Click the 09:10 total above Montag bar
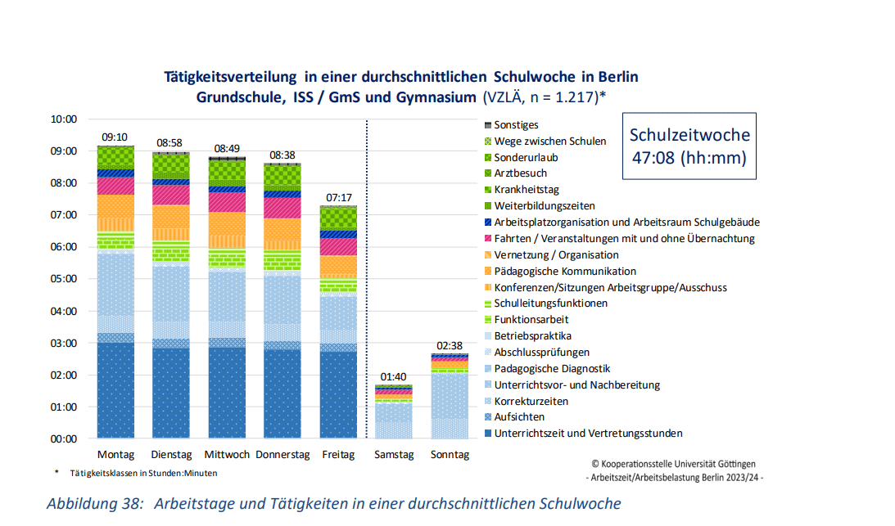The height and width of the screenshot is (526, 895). click(x=115, y=137)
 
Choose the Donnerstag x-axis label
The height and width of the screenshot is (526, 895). click(x=282, y=454)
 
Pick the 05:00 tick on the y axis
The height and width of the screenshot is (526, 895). click(x=63, y=278)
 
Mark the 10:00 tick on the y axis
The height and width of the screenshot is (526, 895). click(x=63, y=119)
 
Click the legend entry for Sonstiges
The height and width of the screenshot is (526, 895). click(x=516, y=124)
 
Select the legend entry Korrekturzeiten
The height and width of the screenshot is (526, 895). click(x=531, y=401)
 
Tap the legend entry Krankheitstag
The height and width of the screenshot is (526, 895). click(x=526, y=189)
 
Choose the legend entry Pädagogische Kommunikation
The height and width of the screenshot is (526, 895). click(x=565, y=271)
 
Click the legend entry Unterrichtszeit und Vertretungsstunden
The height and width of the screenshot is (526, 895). click(x=588, y=434)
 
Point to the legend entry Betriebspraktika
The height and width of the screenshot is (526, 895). click(x=532, y=335)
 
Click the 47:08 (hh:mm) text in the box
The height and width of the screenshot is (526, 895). click(x=689, y=158)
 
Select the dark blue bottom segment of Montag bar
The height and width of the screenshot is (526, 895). click(x=115, y=390)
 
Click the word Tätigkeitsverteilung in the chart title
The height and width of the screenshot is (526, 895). click(x=230, y=77)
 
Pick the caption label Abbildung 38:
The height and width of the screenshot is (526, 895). click(x=95, y=503)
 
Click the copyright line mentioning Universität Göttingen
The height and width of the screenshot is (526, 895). click(x=679, y=464)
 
